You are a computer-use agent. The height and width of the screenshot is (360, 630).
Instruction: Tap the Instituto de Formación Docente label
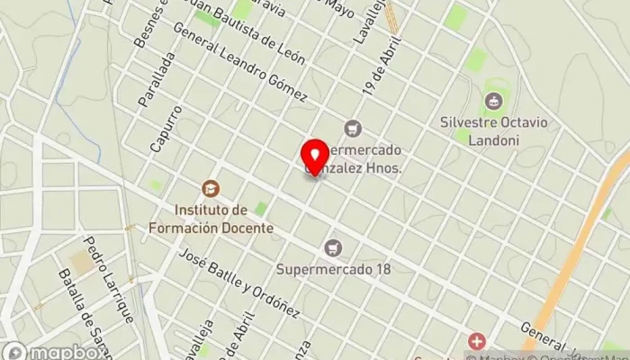223,219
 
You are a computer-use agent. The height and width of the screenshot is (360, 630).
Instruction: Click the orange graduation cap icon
211,189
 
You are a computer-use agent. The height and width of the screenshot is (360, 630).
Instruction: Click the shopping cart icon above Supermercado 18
335,247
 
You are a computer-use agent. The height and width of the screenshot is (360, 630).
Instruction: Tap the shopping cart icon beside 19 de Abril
352,128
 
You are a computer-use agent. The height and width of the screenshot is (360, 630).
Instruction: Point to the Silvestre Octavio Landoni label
493,129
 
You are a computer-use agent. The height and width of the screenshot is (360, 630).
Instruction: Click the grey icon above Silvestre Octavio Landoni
493,101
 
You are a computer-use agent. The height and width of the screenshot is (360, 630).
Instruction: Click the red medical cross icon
475,341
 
